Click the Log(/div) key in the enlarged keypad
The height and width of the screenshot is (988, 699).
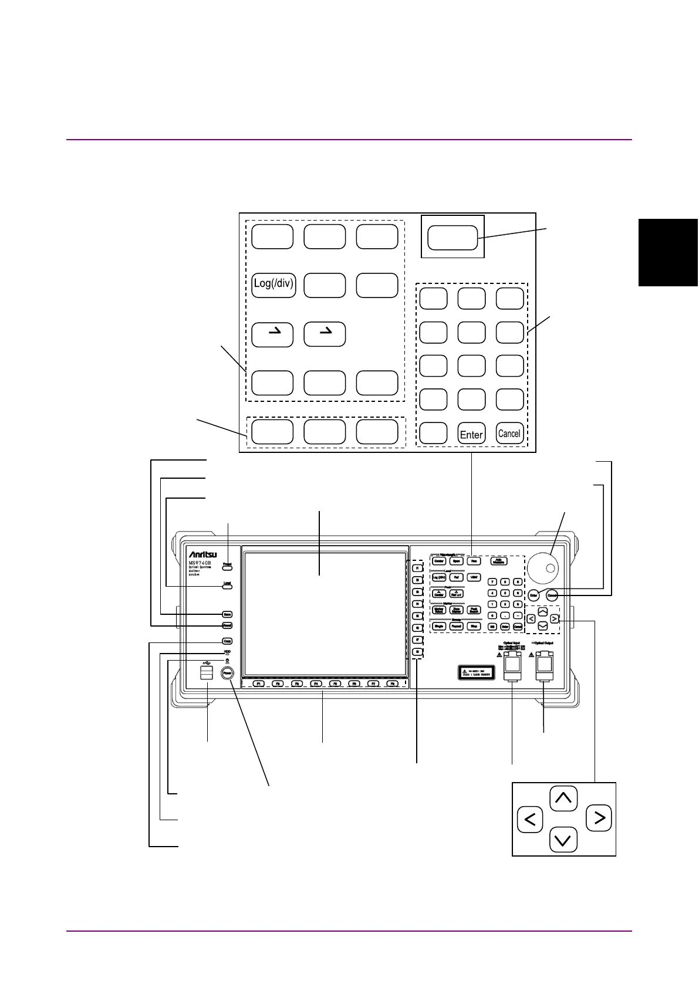273,285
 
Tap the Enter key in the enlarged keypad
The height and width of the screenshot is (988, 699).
471,434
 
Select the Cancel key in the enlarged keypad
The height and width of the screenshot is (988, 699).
509,434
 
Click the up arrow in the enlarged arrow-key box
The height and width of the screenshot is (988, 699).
563,798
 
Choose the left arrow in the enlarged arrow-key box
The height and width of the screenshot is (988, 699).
530,819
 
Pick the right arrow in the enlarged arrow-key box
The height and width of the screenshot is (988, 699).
599,817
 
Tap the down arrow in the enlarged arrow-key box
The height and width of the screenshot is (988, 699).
563,840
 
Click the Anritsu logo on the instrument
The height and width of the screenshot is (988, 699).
202,554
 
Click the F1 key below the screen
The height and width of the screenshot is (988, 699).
259,684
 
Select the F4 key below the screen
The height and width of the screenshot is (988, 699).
315,684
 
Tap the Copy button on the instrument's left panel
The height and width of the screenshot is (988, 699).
227,641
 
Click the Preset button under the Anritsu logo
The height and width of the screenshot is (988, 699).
227,567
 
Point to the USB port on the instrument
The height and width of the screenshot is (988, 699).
206,672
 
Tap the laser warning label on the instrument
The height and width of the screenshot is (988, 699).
476,672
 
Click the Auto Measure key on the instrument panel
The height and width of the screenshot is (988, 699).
499,561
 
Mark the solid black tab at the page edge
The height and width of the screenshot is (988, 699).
668,252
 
